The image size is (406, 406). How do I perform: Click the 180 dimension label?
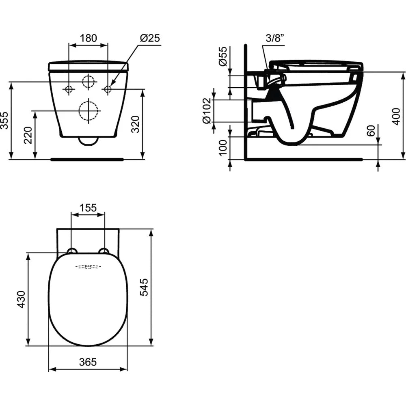[88, 38]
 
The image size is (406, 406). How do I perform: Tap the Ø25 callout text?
[150, 38]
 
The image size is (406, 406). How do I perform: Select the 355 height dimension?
[4, 121]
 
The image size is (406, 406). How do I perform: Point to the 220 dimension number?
[28, 135]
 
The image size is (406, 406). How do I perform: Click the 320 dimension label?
[135, 124]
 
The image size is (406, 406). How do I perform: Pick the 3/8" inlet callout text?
[275, 38]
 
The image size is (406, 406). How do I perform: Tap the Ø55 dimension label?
[222, 56]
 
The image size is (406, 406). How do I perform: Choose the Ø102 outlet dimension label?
[207, 111]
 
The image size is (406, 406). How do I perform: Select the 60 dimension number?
[371, 130]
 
